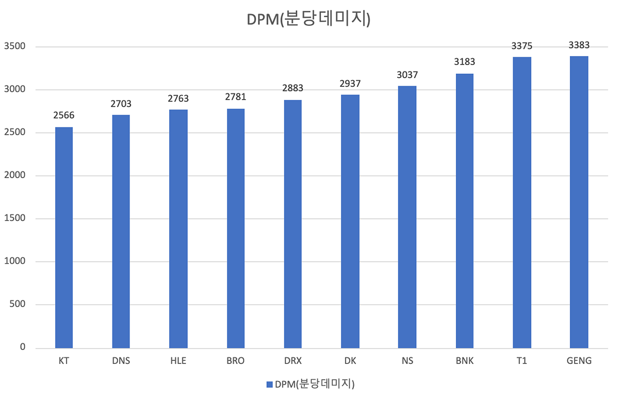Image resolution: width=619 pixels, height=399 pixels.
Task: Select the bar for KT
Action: tap(64, 237)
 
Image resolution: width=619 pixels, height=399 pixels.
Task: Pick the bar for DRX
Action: tap(293, 224)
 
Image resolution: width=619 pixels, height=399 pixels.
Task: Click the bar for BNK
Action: tap(465, 211)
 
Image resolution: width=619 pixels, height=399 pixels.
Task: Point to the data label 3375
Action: tap(522, 46)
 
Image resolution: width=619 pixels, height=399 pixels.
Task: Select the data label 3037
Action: tap(408, 75)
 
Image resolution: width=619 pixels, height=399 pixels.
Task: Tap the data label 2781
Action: tap(236, 98)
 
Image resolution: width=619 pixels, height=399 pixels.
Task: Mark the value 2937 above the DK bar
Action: tap(350, 84)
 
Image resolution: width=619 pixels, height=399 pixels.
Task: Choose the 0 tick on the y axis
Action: tap(23, 347)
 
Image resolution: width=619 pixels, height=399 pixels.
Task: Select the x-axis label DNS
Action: tap(121, 361)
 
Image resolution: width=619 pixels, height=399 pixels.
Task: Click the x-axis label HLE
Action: tap(178, 361)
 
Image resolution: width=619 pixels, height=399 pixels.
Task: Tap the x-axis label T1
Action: tap(522, 361)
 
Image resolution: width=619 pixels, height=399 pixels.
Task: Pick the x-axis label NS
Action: tap(408, 361)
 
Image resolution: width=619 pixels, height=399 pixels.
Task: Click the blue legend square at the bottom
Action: tap(269, 385)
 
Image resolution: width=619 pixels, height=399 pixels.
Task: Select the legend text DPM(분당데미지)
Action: tap(314, 385)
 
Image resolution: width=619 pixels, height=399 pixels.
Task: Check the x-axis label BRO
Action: tap(236, 361)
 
